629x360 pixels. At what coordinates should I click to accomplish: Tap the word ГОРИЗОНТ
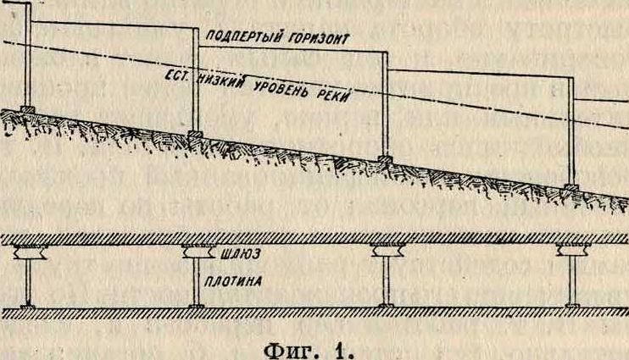point(319,38)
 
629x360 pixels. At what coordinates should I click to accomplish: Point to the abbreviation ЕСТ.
point(175,75)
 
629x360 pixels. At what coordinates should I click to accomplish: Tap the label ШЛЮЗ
point(241,254)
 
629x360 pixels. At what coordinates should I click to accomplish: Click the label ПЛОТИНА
point(233,281)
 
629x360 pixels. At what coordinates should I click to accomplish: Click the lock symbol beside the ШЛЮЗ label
point(198,252)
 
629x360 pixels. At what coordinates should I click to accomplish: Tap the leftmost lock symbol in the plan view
point(31,252)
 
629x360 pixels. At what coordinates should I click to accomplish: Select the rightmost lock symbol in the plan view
point(574,250)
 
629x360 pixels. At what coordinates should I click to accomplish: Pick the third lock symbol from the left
point(387,251)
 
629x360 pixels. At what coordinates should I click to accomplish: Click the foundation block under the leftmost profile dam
point(28,109)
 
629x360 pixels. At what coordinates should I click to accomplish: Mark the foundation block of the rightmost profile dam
point(571,187)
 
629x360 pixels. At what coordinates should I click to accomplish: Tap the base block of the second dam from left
point(196,135)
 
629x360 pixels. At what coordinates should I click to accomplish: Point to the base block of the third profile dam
point(385,159)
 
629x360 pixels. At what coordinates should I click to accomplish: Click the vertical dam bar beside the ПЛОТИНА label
point(196,282)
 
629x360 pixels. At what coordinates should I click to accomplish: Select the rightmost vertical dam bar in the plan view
point(573,280)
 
